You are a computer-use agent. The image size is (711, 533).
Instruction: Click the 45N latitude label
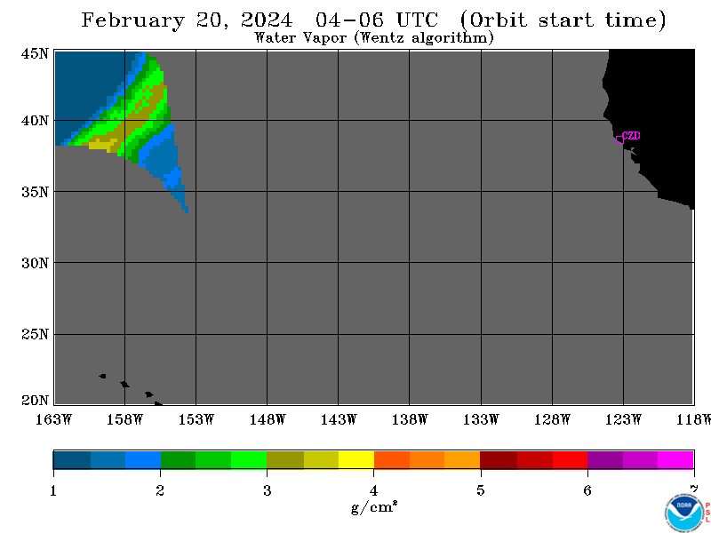coord(35,53)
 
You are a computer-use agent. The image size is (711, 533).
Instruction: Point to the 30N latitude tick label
coord(35,263)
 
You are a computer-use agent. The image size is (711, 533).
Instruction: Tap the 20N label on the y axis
coord(35,401)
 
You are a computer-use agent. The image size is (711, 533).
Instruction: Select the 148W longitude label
coord(268,419)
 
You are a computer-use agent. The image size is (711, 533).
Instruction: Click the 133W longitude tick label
coord(481,419)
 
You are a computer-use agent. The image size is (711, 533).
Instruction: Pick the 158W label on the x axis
coord(124,419)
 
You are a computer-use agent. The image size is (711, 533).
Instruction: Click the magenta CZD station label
coord(631,136)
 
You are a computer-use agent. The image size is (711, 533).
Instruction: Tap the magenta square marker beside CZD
coord(619,139)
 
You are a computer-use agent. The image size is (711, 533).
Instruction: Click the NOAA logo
coord(683,512)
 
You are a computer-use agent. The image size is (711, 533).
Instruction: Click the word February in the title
coord(132,20)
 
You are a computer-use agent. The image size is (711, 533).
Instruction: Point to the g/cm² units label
coord(374,507)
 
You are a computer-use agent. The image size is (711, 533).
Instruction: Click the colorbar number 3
coord(268,490)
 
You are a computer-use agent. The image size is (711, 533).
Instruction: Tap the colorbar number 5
coord(481,490)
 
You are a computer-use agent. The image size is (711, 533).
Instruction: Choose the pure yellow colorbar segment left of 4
coord(356,459)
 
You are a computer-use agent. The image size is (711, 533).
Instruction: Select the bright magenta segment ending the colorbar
coord(675,459)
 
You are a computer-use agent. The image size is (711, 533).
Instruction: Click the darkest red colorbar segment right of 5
coord(499,459)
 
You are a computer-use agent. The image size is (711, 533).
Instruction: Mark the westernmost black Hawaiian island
coord(102,376)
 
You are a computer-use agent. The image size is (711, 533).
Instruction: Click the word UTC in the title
coord(417,20)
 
